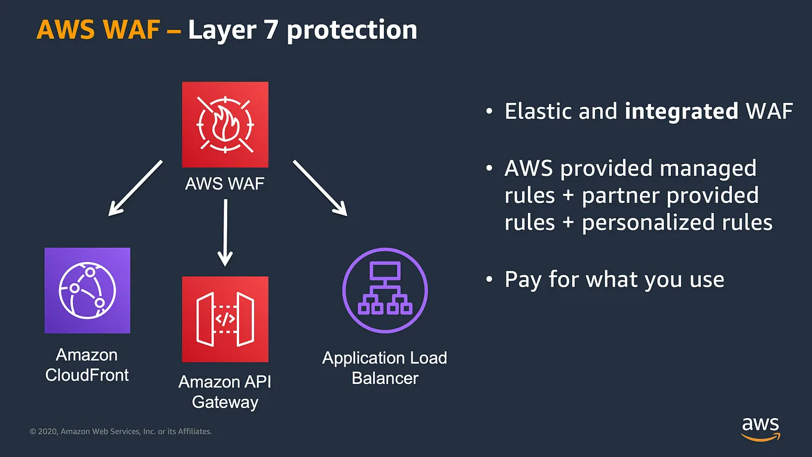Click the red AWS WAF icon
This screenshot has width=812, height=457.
pos(225,124)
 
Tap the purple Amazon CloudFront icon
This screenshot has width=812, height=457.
pos(87,290)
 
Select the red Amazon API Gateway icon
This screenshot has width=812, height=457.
pos(225,319)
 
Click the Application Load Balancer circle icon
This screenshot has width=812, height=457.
pos(385,290)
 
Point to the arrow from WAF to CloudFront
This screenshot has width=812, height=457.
pos(135,187)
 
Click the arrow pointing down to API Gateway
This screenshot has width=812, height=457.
pos(225,232)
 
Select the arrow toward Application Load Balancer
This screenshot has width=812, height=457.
pos(320,187)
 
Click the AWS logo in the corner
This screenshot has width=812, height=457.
pos(761,428)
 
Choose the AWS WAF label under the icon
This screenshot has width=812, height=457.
pos(225,183)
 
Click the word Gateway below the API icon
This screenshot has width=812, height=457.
pos(225,401)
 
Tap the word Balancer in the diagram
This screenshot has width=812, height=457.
pos(385,378)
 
